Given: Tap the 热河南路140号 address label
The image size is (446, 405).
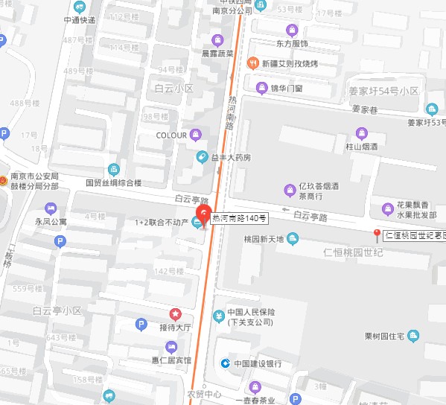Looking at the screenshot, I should (236, 219).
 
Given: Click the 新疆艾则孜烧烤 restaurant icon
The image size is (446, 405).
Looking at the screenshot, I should (253, 63).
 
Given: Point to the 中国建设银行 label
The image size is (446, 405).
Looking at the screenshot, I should (258, 363).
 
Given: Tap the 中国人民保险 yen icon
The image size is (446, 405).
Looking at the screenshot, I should (218, 316).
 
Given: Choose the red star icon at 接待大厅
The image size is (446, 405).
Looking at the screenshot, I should (175, 314).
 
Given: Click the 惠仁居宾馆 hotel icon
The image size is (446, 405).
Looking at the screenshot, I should (172, 347).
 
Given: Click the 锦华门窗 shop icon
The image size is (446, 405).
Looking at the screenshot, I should (261, 89).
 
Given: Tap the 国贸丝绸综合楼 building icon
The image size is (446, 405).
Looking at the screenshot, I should (112, 169).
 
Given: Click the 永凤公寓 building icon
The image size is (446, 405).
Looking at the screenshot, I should (42, 208).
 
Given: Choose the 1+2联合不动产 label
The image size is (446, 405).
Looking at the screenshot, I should (159, 222).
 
